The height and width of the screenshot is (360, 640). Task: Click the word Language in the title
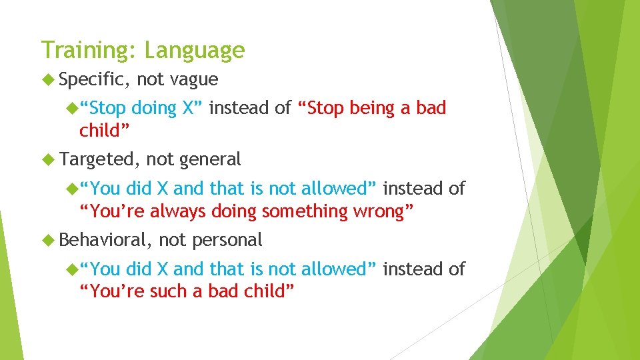(x=195, y=51)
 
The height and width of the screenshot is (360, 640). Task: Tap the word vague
(x=194, y=80)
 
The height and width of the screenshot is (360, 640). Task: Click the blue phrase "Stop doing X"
(x=141, y=109)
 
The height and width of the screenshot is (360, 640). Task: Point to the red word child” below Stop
(x=104, y=131)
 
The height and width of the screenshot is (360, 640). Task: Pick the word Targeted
(x=96, y=159)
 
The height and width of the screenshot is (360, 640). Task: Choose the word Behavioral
(x=102, y=239)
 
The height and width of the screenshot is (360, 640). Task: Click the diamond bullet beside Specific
(x=48, y=79)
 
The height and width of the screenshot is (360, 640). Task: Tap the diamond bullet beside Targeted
(x=48, y=159)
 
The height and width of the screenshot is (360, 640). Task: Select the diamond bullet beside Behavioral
(x=48, y=239)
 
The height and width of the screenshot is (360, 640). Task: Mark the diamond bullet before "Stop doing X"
(x=72, y=108)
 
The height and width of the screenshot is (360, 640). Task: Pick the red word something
(x=305, y=212)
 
